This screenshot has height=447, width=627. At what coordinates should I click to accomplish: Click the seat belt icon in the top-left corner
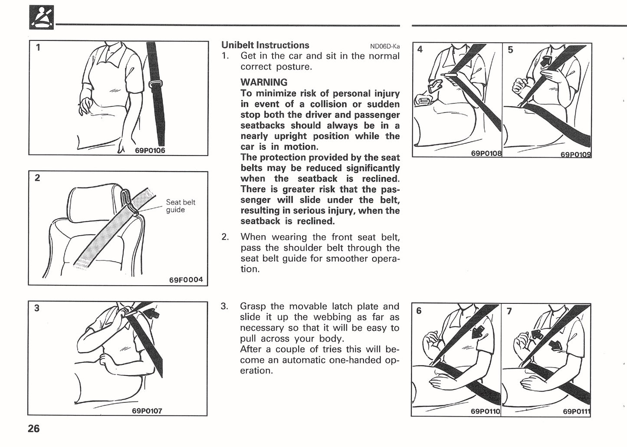42,17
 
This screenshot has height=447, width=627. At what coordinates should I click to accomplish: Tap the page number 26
33,429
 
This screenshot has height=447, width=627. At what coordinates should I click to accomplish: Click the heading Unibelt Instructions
265,45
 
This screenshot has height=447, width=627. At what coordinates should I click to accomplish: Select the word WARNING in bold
264,82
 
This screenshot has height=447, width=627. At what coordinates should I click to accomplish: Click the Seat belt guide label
181,206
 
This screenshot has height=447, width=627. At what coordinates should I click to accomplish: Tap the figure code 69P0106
150,151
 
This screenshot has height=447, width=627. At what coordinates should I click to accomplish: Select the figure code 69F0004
186,279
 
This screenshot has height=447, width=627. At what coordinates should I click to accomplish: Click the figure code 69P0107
147,411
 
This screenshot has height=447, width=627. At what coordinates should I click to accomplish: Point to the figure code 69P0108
486,153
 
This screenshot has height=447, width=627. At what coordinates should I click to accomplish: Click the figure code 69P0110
485,411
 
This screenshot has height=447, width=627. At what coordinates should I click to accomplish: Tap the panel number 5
510,50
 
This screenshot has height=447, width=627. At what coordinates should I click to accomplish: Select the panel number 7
509,311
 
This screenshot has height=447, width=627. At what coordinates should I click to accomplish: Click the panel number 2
37,178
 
